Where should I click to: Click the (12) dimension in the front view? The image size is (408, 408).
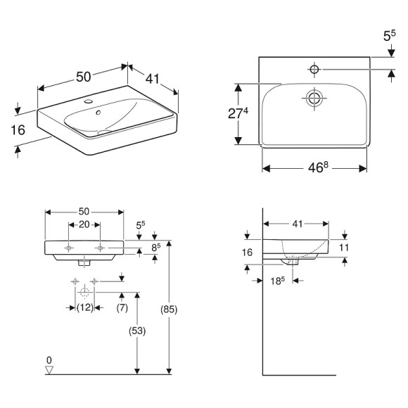85,307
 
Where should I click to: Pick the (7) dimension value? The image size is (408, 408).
121,307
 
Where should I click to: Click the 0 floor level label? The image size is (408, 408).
49,360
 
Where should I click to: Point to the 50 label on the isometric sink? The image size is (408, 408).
83,77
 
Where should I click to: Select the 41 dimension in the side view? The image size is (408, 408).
297,224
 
